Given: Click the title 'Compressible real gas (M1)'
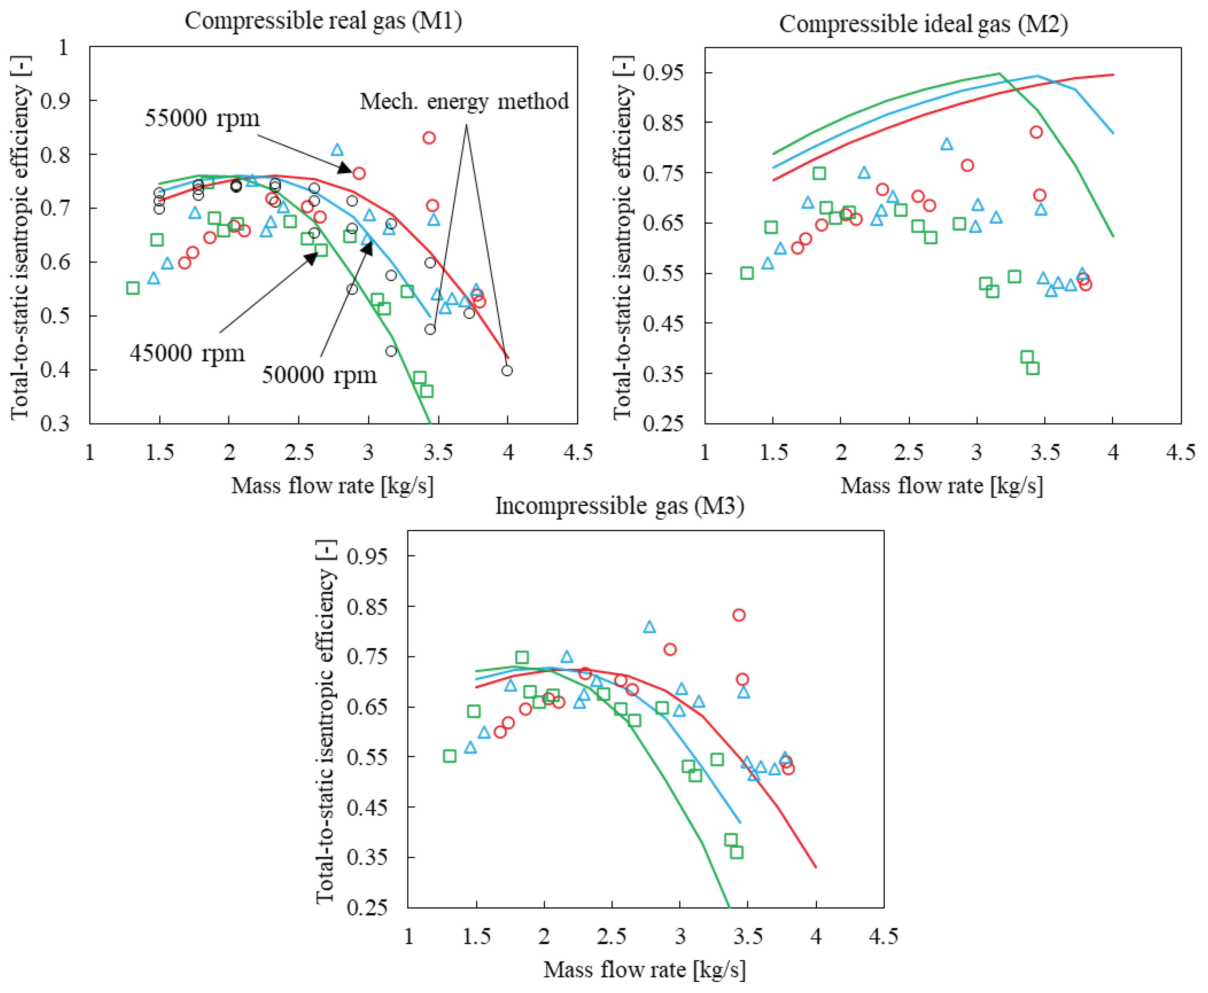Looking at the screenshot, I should pyautogui.click(x=323, y=21).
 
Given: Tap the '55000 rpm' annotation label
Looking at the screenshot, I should pyautogui.click(x=202, y=118).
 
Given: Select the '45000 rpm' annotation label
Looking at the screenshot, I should pyautogui.click(x=187, y=353).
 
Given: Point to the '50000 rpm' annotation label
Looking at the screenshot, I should pyautogui.click(x=319, y=375).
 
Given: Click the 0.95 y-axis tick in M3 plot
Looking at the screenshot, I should pyautogui.click(x=367, y=556).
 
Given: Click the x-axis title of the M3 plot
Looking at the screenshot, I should pyautogui.click(x=644, y=969).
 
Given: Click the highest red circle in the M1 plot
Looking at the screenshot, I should pyautogui.click(x=429, y=138).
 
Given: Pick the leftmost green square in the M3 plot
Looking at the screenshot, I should pyautogui.click(x=450, y=756).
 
